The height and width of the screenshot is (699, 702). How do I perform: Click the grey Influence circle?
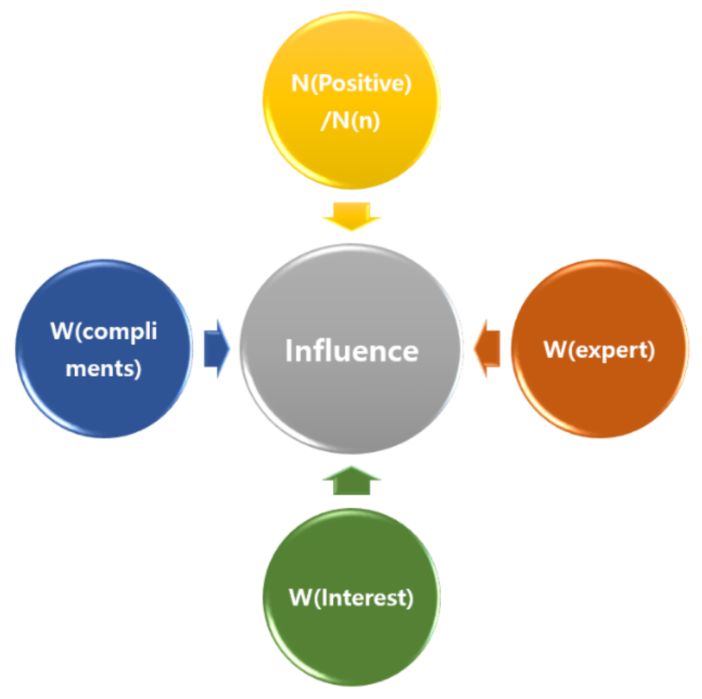tap(351, 400)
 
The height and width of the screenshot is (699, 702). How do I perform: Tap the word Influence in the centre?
tap(352, 351)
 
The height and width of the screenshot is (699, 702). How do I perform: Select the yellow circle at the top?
tap(351, 156)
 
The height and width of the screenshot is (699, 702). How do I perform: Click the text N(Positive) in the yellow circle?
tap(351, 83)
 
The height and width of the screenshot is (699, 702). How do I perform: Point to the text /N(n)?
tap(350, 119)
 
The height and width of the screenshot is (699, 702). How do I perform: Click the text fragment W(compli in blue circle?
tap(104, 331)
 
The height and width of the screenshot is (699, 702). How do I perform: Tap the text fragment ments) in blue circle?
tap(104, 368)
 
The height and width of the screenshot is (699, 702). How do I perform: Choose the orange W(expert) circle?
tap(599, 394)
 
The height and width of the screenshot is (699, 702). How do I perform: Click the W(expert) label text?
tap(599, 350)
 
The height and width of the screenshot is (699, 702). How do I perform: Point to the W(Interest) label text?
tap(351, 598)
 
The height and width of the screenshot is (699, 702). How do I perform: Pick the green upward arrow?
tap(352, 481)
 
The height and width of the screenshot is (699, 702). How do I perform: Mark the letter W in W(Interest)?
tap(300, 597)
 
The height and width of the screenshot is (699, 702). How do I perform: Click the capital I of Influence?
tap(289, 350)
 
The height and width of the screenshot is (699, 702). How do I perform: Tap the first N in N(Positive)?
tap(300, 83)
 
